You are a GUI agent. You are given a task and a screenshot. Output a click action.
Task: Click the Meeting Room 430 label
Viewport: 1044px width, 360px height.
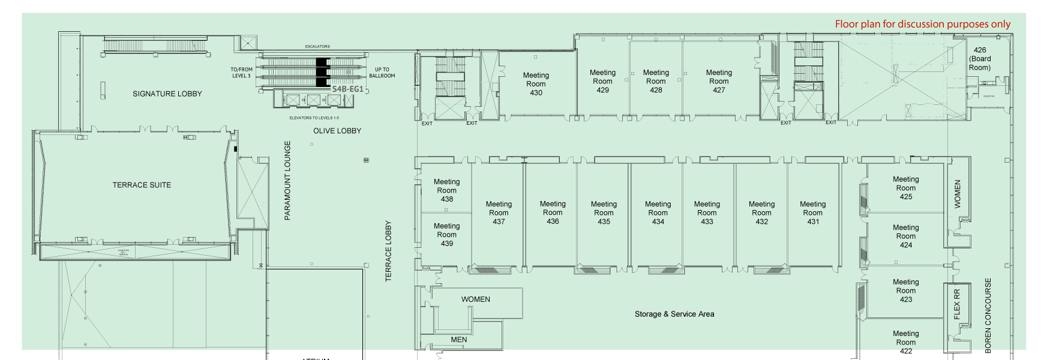click(x=536, y=84)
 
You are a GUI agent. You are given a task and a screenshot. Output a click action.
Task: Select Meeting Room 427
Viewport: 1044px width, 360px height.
click(x=719, y=81)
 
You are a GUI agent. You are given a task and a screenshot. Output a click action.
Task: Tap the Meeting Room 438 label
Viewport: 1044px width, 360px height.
click(x=447, y=190)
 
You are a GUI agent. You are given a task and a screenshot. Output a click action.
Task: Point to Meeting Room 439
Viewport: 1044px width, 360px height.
click(x=447, y=235)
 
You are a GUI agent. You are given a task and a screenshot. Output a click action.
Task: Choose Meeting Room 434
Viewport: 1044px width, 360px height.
click(x=658, y=212)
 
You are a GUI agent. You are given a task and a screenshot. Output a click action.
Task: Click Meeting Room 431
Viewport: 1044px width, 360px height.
click(x=812, y=212)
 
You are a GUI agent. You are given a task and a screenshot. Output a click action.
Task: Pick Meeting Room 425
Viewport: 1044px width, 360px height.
click(x=905, y=188)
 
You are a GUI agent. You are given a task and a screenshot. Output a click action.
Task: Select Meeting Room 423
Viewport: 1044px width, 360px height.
click(x=905, y=290)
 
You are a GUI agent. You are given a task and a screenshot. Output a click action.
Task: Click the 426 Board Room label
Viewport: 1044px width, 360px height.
click(x=980, y=59)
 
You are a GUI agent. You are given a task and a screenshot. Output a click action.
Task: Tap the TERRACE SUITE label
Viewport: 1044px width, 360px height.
click(x=142, y=185)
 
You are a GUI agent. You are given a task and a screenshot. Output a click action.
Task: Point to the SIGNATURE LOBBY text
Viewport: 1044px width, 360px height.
click(x=167, y=94)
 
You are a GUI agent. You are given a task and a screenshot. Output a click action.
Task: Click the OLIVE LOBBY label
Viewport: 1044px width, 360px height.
click(x=337, y=131)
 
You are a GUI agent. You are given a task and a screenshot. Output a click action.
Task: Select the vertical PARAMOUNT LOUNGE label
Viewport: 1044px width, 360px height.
click(x=287, y=180)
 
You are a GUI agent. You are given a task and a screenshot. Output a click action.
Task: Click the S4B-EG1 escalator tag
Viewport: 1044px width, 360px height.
click(x=347, y=89)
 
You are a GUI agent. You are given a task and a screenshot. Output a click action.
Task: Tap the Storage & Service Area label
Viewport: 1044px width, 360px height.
click(x=674, y=314)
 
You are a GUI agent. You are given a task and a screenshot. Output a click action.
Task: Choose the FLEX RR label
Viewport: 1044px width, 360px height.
click(x=957, y=304)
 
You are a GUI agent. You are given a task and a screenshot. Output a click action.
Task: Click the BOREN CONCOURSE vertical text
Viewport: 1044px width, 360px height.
click(x=988, y=315)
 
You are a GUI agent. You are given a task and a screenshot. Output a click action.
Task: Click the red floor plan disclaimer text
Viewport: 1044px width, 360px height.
click(x=922, y=24)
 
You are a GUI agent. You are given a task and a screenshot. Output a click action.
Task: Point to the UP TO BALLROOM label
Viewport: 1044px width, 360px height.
click(x=382, y=73)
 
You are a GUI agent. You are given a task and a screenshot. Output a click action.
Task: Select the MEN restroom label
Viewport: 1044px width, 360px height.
click(x=458, y=340)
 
